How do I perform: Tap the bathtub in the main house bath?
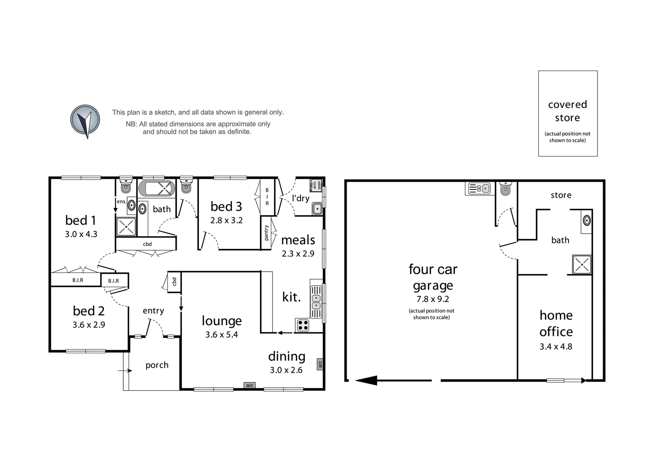coord(157,188)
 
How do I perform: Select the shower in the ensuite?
coord(126,227)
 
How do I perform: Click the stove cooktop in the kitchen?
coord(303,325)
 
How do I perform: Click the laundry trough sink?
coord(317,209)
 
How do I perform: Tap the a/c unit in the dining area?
coord(320,364)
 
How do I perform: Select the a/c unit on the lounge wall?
coord(250,385)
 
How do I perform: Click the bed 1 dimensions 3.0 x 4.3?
coord(81,234)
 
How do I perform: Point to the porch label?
coord(157,365)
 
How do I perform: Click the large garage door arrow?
coord(366,380)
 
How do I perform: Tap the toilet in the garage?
coord(505,189)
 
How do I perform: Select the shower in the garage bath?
coord(582,264)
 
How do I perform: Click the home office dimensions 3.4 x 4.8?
coord(556,346)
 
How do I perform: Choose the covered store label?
coord(568,111)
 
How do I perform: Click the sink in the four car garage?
coord(478,188)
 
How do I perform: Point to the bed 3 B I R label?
coord(267,196)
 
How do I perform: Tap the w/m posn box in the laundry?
coord(317,185)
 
